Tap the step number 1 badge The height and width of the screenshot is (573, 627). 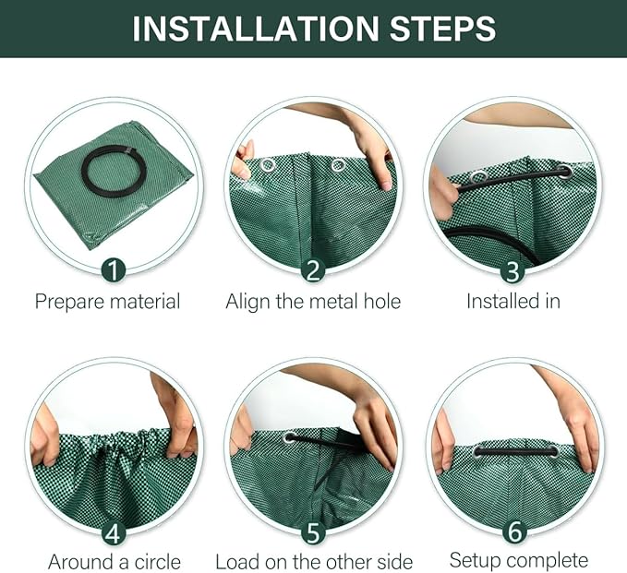(x=114, y=269)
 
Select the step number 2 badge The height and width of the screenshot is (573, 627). (x=313, y=269)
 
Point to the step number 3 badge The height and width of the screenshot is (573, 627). (x=512, y=269)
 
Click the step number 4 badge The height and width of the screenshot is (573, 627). (x=114, y=532)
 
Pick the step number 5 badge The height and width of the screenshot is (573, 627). (x=313, y=532)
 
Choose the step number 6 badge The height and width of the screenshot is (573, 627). (x=512, y=532)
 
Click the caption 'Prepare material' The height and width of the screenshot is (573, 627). (x=107, y=302)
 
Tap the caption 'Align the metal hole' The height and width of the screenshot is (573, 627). (x=313, y=302)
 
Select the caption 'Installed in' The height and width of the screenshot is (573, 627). (x=512, y=302)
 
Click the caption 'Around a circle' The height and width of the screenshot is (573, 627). (x=115, y=562)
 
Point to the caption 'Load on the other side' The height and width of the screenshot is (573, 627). (x=313, y=562)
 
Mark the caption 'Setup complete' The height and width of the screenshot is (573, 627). (x=518, y=560)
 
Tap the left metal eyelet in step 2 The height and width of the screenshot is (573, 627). (x=269, y=165)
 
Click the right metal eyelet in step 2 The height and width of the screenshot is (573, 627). (x=338, y=165)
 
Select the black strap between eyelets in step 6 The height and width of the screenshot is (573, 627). (x=515, y=451)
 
